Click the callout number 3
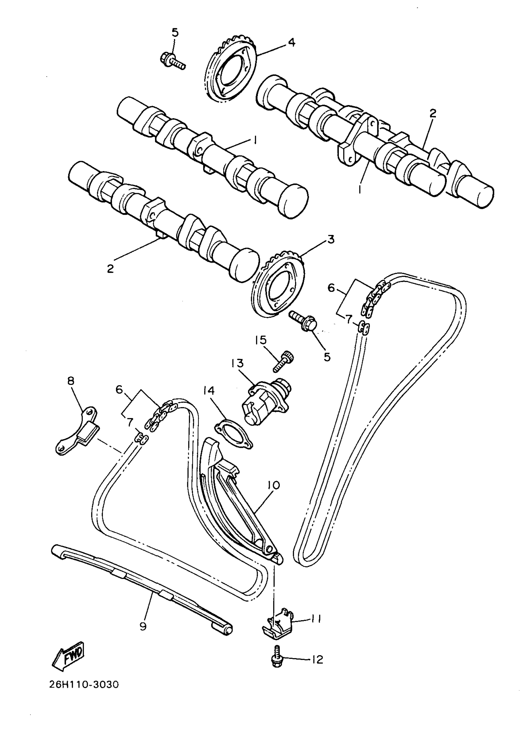(330, 240)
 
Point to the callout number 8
(70, 381)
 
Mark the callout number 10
(274, 494)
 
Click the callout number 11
(316, 618)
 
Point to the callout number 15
(261, 340)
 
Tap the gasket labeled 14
(234, 433)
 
